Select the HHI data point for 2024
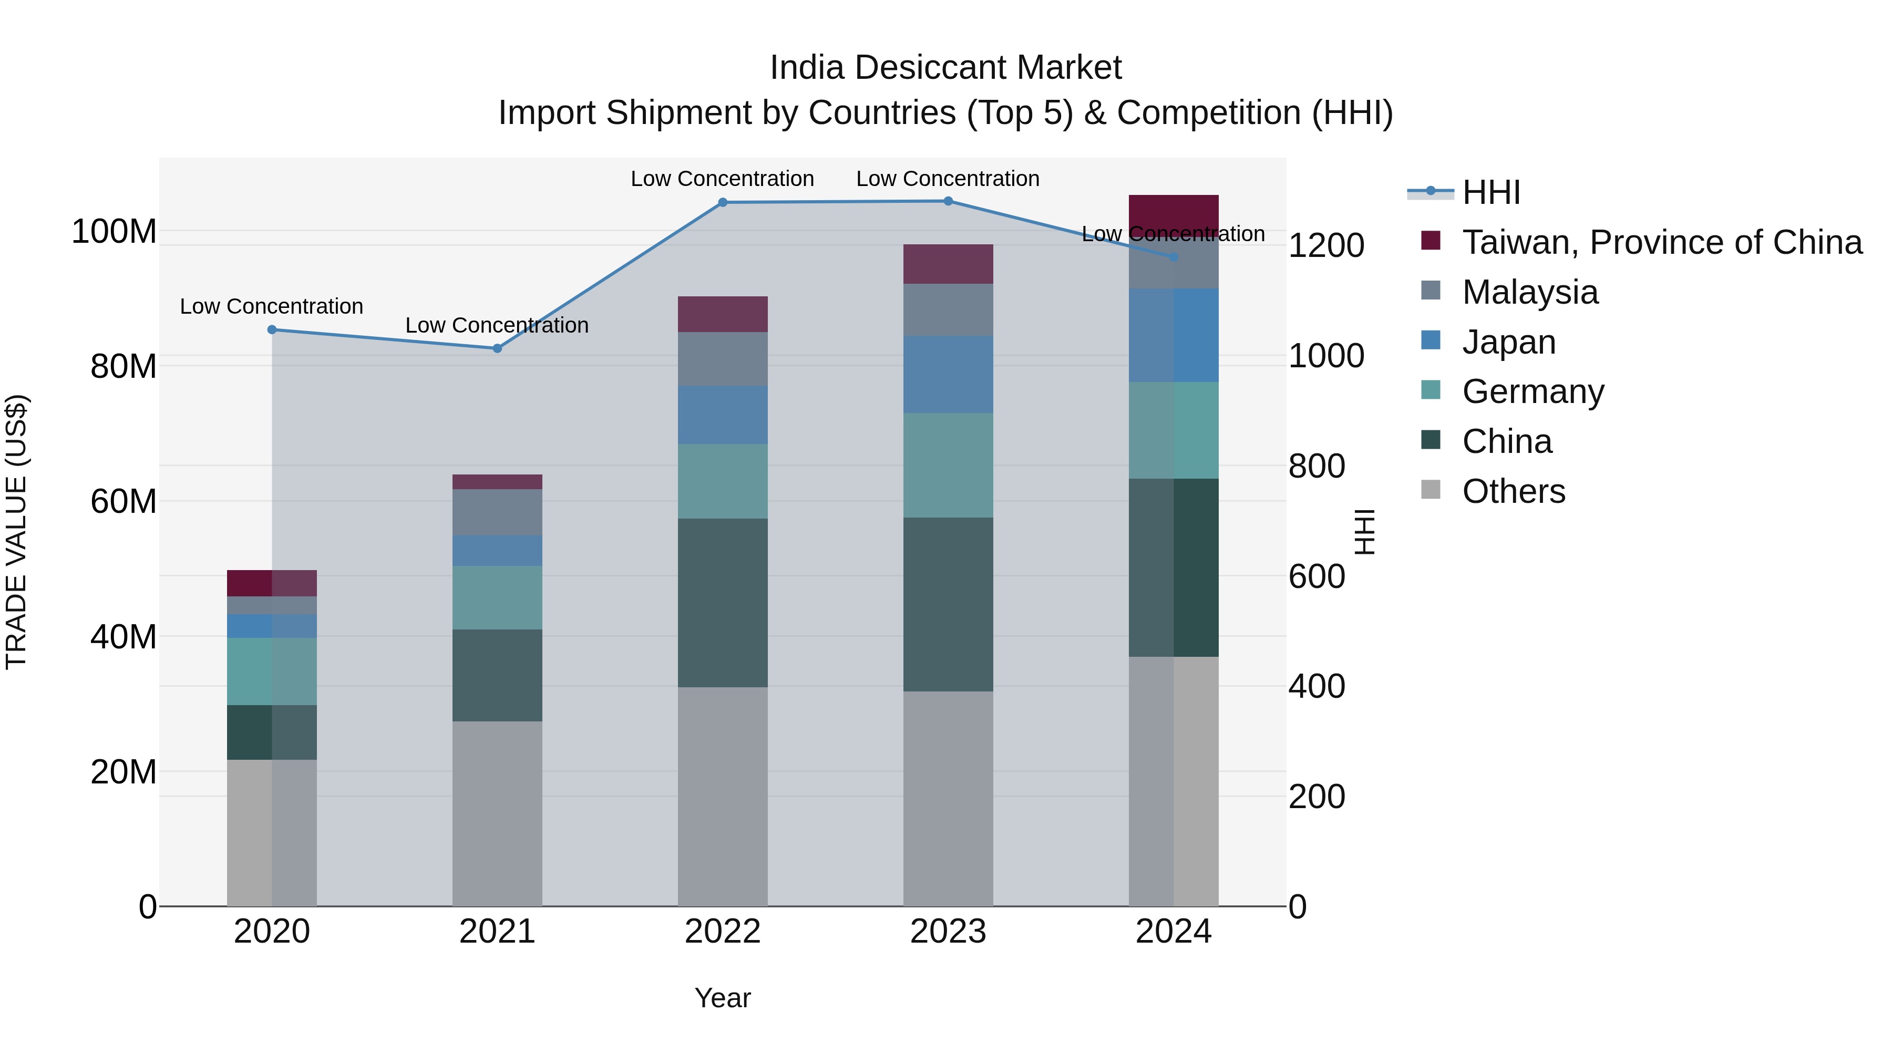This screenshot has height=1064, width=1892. coord(1173,257)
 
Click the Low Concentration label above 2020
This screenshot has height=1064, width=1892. coord(271,306)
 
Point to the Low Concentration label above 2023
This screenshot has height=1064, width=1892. coord(948,179)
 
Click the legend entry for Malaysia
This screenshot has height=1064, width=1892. coord(1529,292)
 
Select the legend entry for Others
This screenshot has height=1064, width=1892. coord(1513,491)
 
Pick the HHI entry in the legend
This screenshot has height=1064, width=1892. coord(1491,192)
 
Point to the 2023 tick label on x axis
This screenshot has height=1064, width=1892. coord(948,932)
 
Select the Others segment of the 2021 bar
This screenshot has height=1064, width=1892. coord(497,813)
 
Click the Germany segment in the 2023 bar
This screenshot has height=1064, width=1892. coord(948,465)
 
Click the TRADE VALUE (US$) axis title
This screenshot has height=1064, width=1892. coord(16,532)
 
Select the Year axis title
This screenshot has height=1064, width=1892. coord(722,998)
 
